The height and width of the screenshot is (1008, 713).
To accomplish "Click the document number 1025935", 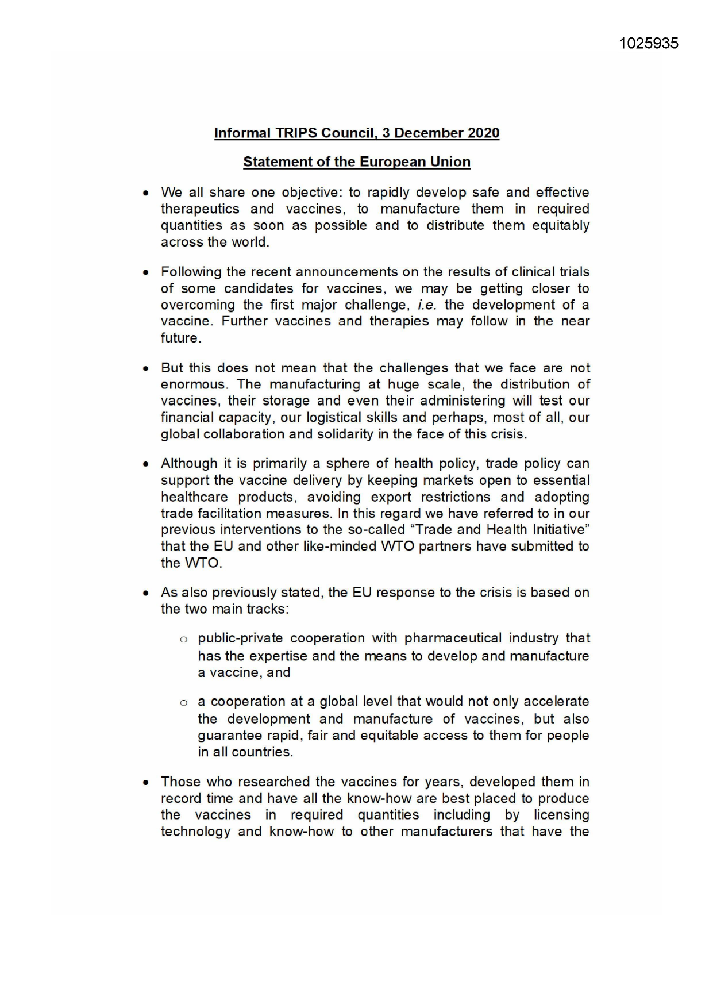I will pyautogui.click(x=649, y=44).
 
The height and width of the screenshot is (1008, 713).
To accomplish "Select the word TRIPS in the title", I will pyautogui.click(x=296, y=133).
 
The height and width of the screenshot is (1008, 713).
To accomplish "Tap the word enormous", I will pyautogui.click(x=193, y=384).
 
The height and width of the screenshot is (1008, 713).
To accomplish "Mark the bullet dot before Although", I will pyautogui.click(x=147, y=464).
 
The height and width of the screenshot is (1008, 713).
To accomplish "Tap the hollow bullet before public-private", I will pyautogui.click(x=184, y=639).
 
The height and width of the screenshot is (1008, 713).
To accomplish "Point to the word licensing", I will pyautogui.click(x=561, y=815).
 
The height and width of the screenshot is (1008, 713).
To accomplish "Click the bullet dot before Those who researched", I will pyautogui.click(x=147, y=783).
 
